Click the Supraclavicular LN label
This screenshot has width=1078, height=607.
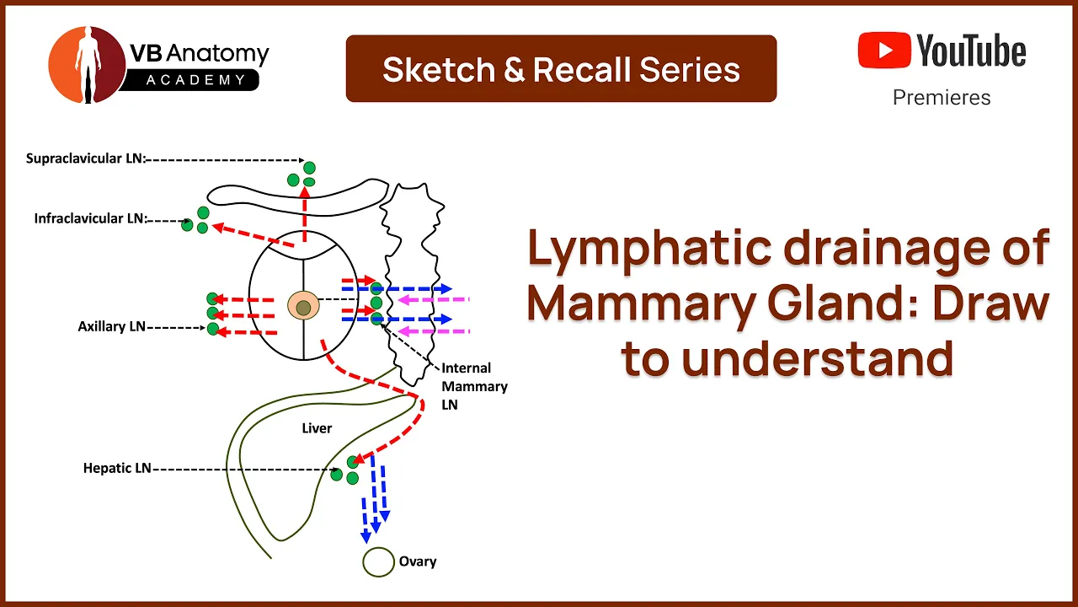tap(86, 158)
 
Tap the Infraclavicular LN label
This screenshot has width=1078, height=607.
tap(91, 218)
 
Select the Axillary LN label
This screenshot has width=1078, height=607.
tap(112, 326)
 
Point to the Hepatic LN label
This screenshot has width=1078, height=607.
tap(117, 468)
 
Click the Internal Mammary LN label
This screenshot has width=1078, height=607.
tap(474, 386)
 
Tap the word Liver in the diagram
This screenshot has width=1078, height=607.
tap(317, 428)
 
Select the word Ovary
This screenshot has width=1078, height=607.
tap(418, 561)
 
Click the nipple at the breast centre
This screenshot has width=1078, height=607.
tap(303, 308)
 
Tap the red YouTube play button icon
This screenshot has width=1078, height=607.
tap(884, 50)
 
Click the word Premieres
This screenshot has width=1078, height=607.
tap(942, 98)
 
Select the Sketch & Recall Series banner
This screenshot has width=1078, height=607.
tap(561, 68)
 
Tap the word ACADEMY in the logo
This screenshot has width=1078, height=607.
tap(196, 80)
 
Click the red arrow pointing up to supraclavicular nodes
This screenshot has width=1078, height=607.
tap(304, 214)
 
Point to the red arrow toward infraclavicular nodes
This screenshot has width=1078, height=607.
tap(253, 235)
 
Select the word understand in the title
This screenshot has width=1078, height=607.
tap(818, 358)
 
